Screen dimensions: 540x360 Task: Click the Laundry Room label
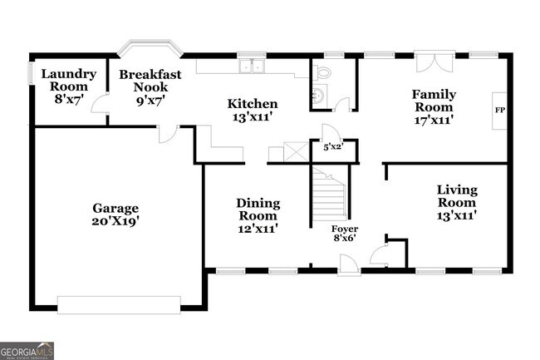pos(69,80)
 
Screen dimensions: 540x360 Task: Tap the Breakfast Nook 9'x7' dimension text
pos(151,101)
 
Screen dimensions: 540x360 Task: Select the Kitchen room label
pos(253,104)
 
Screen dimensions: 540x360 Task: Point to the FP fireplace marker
pos(500,111)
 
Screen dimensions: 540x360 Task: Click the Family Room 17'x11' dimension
pos(434,120)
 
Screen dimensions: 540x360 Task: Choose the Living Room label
pos(457,195)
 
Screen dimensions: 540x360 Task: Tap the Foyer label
pos(345,229)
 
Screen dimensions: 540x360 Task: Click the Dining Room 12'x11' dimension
pos(258,229)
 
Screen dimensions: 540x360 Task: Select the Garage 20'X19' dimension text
pos(115,221)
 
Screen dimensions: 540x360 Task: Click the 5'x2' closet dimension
pos(334,147)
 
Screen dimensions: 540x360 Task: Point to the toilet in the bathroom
pos(322,72)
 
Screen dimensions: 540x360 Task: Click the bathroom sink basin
pos(320,94)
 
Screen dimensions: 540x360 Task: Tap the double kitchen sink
pos(252,66)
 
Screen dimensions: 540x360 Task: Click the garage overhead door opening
pos(119,305)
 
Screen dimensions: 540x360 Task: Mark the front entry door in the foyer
pos(349,265)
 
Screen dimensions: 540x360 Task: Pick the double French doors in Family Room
pos(435,62)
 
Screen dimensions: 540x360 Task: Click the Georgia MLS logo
pos(27,351)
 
